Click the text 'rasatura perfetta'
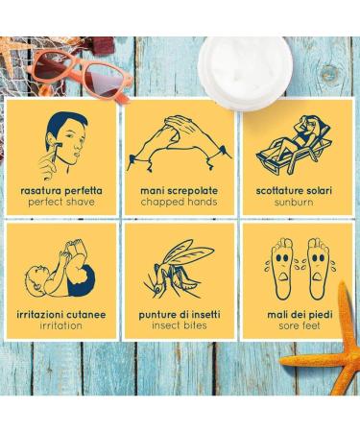point(60,190)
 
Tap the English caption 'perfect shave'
point(60,203)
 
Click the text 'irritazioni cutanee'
point(60,312)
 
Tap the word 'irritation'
point(60,325)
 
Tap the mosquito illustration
point(178,266)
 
